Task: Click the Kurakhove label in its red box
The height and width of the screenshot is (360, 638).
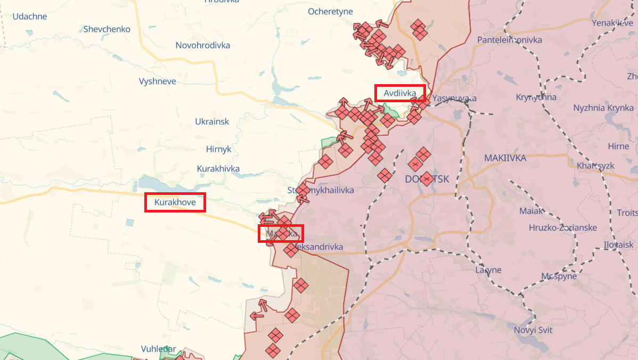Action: click(x=175, y=202)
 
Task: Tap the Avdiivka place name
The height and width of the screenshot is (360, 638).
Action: click(x=400, y=94)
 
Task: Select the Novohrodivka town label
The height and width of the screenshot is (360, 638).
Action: click(x=203, y=45)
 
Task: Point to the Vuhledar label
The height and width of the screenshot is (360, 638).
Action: click(x=158, y=349)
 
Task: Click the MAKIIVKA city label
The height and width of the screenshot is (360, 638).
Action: click(x=505, y=158)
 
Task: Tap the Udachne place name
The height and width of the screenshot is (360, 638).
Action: click(x=30, y=17)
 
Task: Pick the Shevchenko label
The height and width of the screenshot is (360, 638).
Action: click(x=107, y=29)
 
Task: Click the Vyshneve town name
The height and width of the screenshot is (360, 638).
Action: click(x=157, y=81)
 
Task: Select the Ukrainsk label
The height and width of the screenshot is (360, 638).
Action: click(x=212, y=121)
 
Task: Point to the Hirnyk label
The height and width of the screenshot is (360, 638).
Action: click(x=219, y=149)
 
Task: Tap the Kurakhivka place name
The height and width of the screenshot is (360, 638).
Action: click(x=218, y=169)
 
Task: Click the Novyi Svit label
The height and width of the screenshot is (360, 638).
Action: click(x=533, y=330)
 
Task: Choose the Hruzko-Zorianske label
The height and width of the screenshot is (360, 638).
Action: click(x=563, y=228)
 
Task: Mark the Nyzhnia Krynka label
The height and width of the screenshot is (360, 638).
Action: click(x=604, y=108)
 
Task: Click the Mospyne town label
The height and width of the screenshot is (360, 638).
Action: click(x=559, y=276)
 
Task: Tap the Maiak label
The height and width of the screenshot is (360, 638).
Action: click(x=531, y=211)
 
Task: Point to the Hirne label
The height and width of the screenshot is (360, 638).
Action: click(x=618, y=146)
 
